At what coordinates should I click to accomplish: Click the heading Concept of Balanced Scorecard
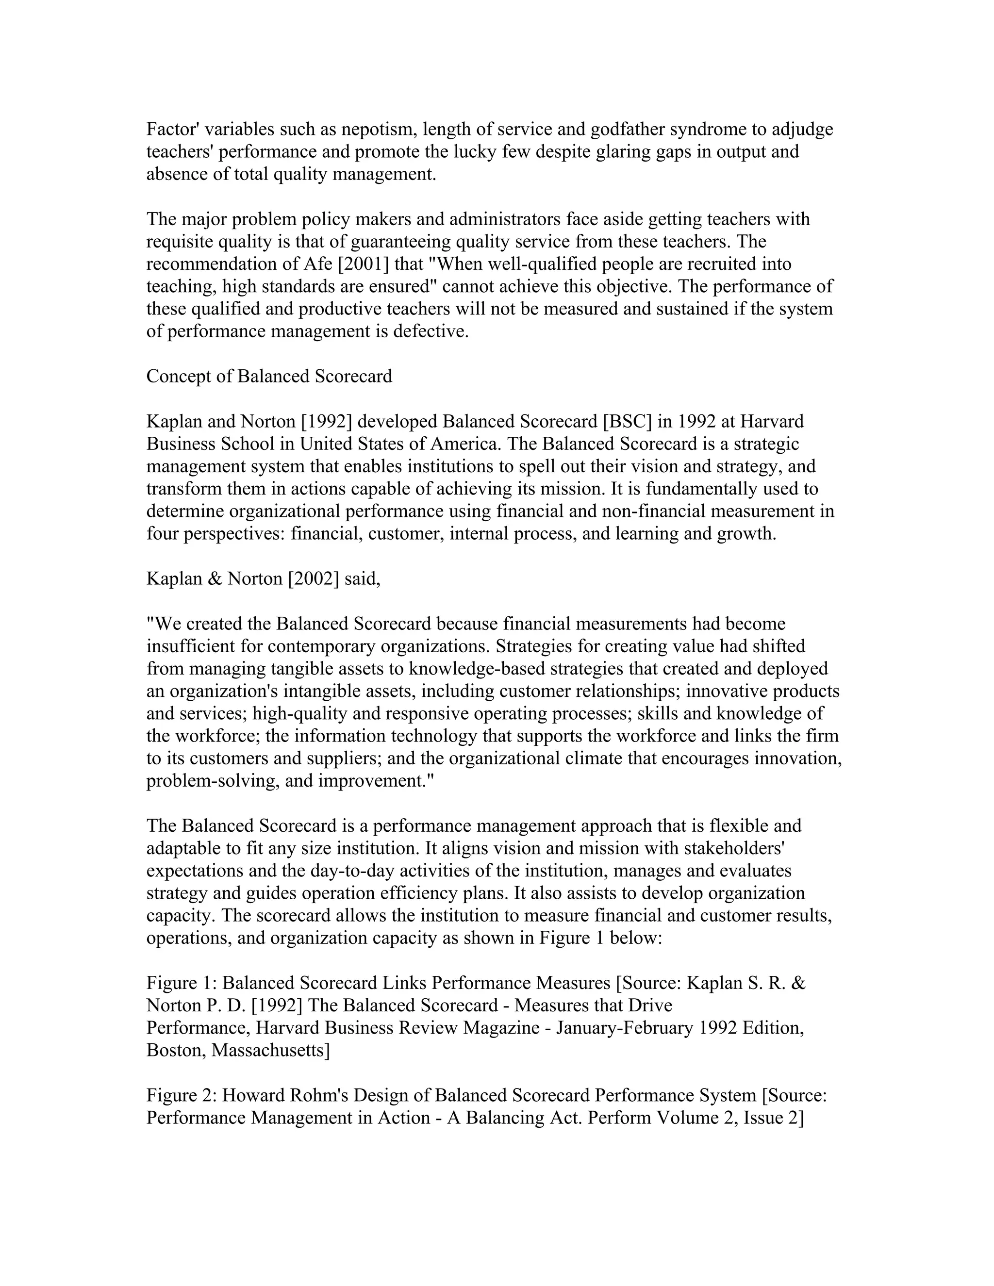269,376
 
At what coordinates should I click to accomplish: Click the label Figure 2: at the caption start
182,1096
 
